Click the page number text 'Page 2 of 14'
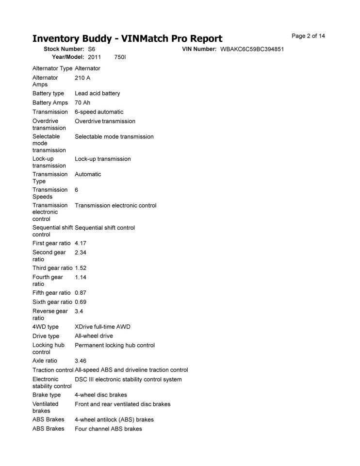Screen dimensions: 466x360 click(x=308, y=36)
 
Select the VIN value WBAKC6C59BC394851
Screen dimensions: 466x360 click(x=252, y=50)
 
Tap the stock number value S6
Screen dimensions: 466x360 click(x=92, y=50)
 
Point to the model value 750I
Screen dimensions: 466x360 click(x=120, y=57)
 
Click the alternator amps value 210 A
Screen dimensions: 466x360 click(x=82, y=78)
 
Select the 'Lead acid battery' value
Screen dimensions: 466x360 click(x=97, y=93)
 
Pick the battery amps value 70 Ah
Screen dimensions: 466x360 click(x=82, y=102)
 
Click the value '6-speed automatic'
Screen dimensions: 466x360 click(x=99, y=112)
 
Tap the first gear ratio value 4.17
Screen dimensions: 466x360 click(x=81, y=243)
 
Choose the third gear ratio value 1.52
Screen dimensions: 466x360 click(x=81, y=268)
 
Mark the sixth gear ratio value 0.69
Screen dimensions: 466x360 click(x=81, y=302)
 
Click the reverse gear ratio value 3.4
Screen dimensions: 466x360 click(x=79, y=311)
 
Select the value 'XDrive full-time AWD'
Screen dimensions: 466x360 click(x=102, y=327)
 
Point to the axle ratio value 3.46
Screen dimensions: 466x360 click(x=81, y=361)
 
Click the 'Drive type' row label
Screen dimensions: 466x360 click(x=46, y=336)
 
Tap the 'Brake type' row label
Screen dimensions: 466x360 click(x=47, y=395)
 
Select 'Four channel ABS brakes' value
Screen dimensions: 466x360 click(x=108, y=429)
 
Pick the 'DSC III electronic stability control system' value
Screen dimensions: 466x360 click(x=128, y=379)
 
